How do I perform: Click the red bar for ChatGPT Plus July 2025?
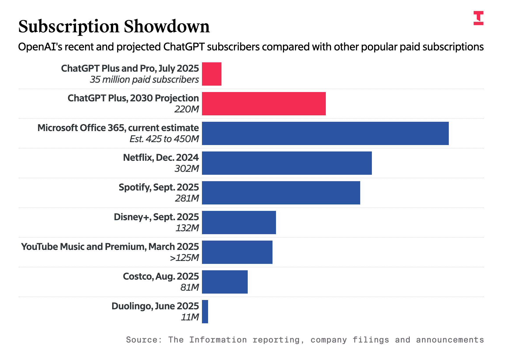pos(212,74)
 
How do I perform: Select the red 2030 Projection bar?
pos(264,104)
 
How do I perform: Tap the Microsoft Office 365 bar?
pos(325,133)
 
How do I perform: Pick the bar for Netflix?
pos(287,163)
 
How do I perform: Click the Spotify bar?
pos(281,193)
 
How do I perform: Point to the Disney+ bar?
pos(239,223)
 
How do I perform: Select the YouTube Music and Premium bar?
pos(237,252)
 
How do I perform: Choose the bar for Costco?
pos(225,282)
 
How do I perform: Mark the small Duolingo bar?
pos(205,312)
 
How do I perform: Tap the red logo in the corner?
pos(478,18)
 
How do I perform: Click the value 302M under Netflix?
pos(187,169)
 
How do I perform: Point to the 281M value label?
pos(187,198)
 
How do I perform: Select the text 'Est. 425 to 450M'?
pos(164,139)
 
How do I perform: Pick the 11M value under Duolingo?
pos(190,317)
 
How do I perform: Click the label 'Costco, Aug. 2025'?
pos(161,276)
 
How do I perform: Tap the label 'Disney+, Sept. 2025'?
pos(156,217)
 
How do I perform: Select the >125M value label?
pos(184,258)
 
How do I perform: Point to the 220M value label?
pos(187,109)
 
